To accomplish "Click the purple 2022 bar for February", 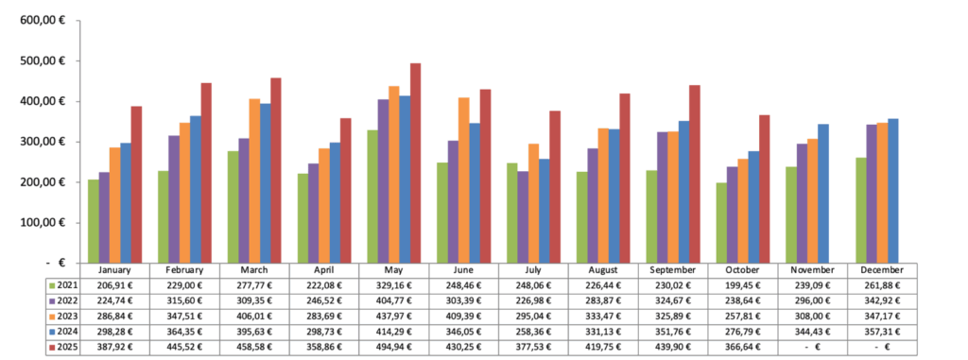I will tap(174, 199).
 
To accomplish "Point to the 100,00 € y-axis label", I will tap(43, 223).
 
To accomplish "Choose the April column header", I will tap(324, 269).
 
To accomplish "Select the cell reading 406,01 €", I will tap(254, 316).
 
